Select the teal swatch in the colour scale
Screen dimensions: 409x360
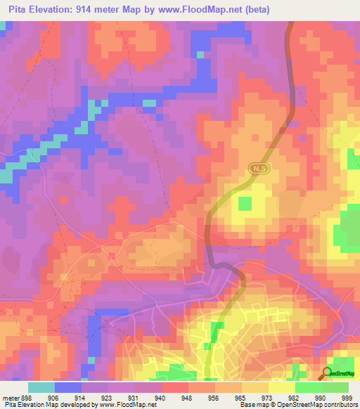click(x=41, y=387)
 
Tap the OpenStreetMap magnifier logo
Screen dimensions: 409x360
click(x=327, y=374)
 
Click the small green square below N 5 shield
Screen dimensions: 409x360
click(x=244, y=204)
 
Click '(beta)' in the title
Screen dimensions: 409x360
click(x=257, y=10)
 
